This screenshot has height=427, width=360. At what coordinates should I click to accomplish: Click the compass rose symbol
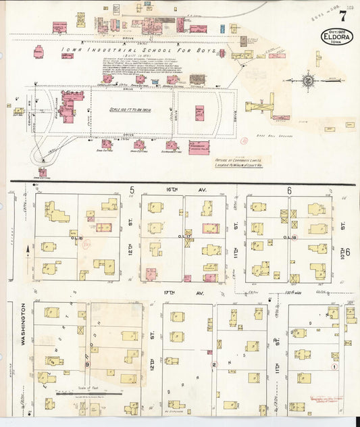tap(307, 80)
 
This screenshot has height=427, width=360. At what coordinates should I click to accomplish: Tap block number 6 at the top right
tap(288, 191)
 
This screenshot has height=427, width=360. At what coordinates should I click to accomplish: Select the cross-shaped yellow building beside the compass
tap(260, 107)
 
